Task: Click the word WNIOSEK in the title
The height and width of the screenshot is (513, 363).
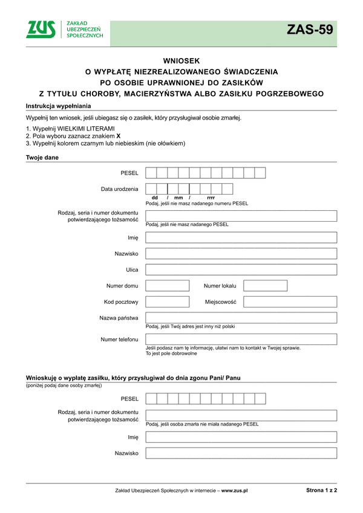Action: click(x=181, y=60)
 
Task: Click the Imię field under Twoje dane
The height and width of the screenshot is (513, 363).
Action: click(x=241, y=237)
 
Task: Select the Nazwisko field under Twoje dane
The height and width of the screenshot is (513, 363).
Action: click(x=241, y=254)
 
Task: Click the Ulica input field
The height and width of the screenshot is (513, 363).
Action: click(x=241, y=269)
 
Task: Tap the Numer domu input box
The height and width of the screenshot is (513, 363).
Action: click(x=168, y=286)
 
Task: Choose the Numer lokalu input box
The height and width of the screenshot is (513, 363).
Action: click(x=265, y=286)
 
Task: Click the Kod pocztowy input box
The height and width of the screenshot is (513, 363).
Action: click(x=168, y=302)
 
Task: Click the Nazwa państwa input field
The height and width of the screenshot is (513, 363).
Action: click(x=241, y=318)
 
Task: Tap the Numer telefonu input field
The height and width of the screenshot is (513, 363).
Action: click(x=241, y=339)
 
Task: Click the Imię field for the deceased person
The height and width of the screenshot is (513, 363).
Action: click(x=241, y=437)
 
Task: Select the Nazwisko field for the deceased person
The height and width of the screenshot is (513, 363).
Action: click(x=241, y=453)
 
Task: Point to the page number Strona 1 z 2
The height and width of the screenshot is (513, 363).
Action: click(x=321, y=491)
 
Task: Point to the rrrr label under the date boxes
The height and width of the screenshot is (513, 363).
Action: click(x=211, y=198)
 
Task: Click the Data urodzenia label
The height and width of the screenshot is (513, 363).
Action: click(x=119, y=189)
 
